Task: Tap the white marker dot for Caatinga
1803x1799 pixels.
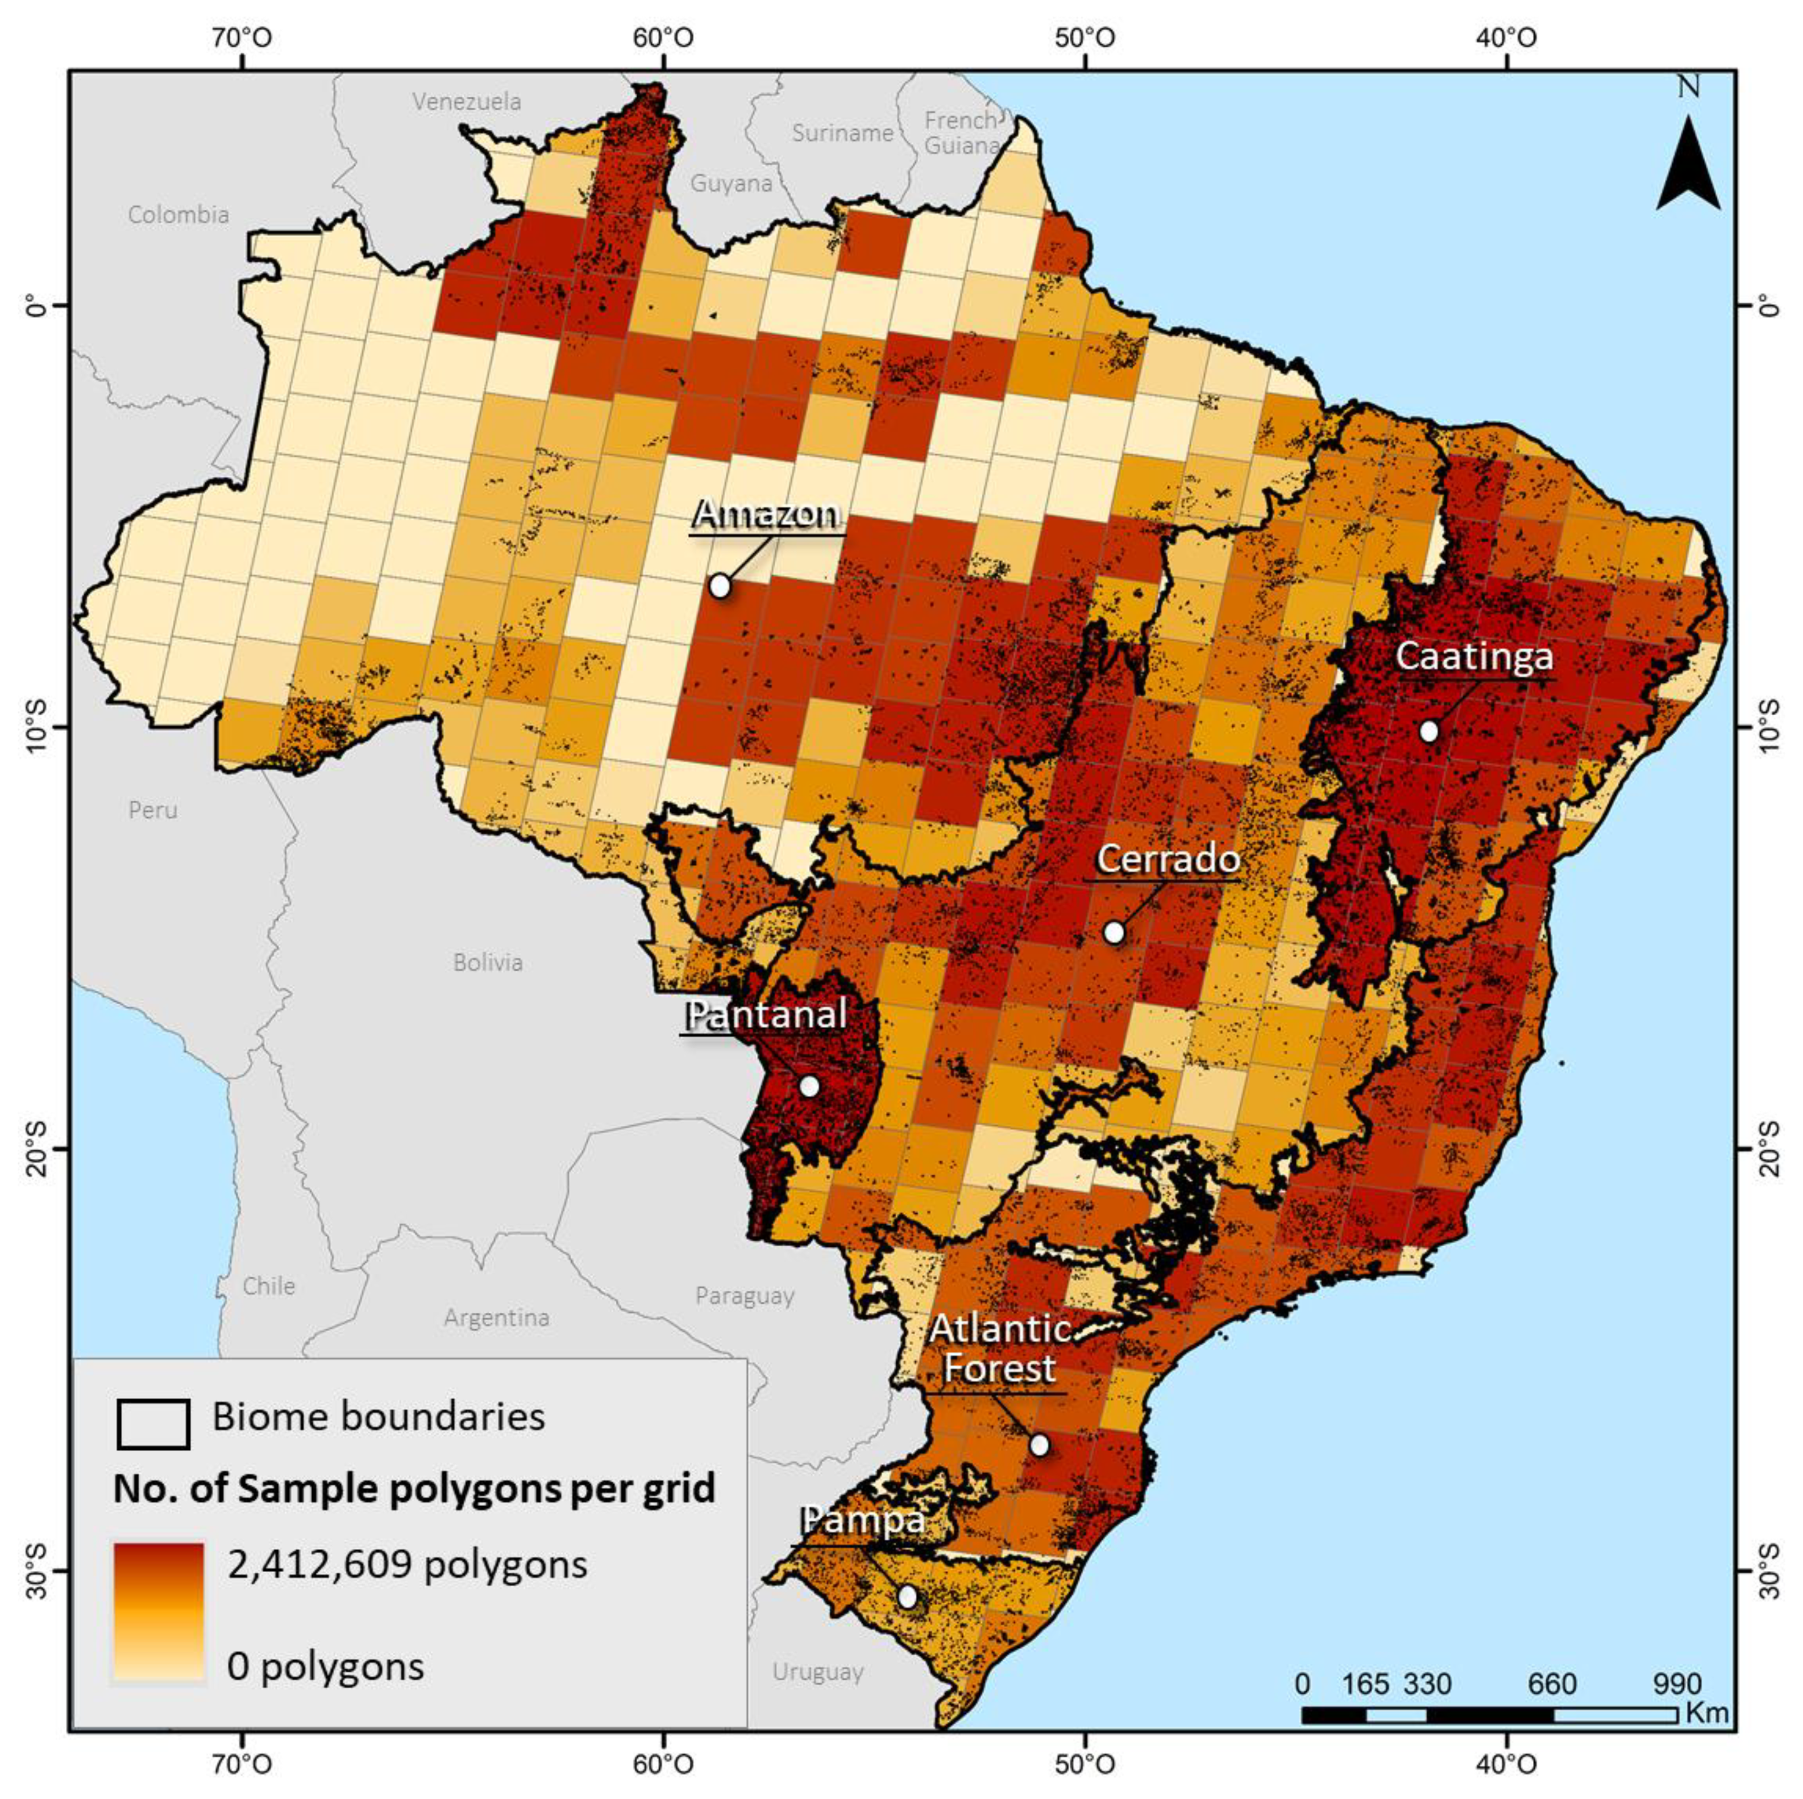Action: coord(1429,731)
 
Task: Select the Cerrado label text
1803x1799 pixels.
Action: coord(1168,859)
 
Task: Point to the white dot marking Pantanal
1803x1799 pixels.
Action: coord(809,1086)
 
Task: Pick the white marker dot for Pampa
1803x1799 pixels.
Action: coord(907,1597)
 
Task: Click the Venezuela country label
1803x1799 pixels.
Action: coord(467,101)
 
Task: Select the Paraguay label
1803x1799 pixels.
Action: coord(745,1296)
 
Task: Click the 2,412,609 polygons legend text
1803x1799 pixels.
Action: coord(407,1564)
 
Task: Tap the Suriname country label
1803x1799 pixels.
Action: coord(843,132)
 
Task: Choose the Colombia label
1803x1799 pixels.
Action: coord(178,215)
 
